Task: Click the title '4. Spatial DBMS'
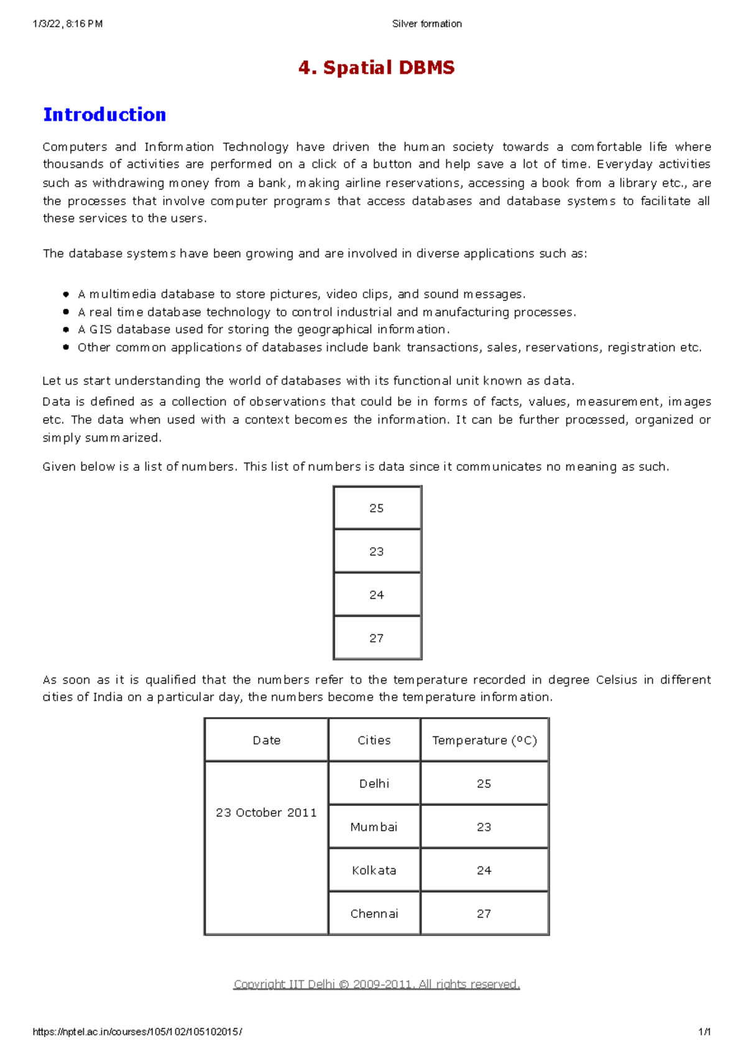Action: tap(376, 68)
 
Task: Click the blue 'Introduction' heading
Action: tap(104, 115)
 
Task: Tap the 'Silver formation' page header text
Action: tap(426, 24)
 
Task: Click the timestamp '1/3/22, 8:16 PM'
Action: tap(68, 24)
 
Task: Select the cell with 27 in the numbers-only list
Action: tap(377, 638)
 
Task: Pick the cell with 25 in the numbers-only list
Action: tap(377, 508)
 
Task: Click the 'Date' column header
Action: tap(267, 740)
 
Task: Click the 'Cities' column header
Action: tap(374, 740)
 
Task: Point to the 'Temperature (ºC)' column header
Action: tap(484, 740)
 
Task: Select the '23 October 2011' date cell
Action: tap(267, 813)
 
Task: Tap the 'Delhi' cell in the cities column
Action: tap(374, 784)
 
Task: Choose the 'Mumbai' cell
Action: tap(374, 827)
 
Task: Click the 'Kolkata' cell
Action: tap(374, 871)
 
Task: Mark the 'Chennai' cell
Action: tap(374, 914)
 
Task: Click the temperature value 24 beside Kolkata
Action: tap(484, 871)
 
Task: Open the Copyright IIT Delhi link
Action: tap(376, 984)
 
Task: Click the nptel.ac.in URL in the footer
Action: tap(137, 1032)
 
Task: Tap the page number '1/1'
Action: tap(704, 1032)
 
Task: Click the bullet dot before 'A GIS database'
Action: tap(66, 330)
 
